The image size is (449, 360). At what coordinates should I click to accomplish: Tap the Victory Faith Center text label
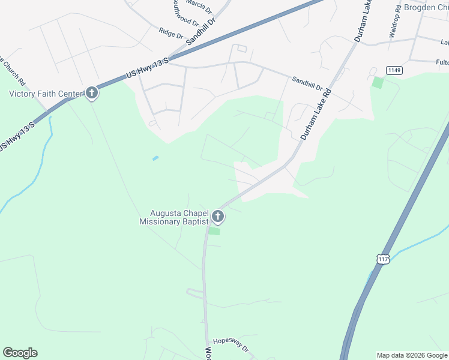click(46, 93)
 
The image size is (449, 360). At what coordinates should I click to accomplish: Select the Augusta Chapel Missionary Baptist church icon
click(218, 217)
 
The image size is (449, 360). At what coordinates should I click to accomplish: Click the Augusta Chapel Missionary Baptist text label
click(173, 217)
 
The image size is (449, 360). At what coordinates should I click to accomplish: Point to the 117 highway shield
click(384, 259)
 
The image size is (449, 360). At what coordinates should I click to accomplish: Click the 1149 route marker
click(394, 70)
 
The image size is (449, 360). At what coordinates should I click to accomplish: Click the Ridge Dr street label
click(170, 32)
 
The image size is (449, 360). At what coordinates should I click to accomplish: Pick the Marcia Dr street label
click(199, 6)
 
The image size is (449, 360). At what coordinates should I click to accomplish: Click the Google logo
click(20, 353)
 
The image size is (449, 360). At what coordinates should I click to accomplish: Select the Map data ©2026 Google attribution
click(411, 355)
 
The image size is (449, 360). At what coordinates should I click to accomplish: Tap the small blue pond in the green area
click(155, 158)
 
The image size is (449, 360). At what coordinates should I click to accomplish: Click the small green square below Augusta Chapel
click(214, 231)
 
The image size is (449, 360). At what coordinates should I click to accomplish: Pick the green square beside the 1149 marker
click(378, 83)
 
